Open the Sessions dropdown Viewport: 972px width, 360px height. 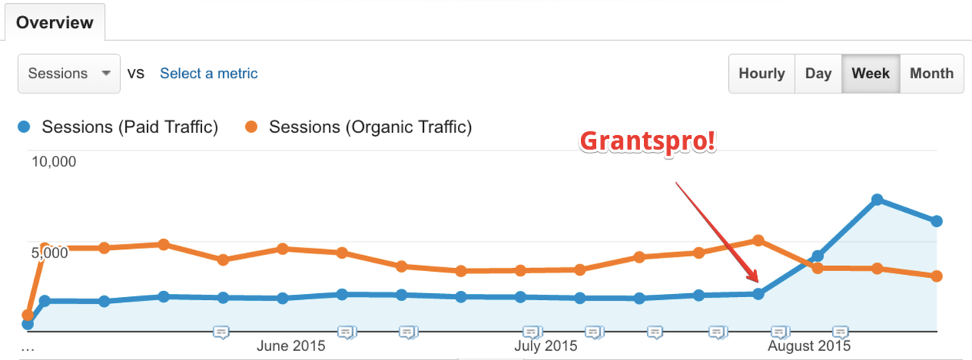[x=69, y=74]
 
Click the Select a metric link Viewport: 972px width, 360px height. [x=208, y=74]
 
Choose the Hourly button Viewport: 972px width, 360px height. [x=762, y=74]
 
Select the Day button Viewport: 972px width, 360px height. [x=818, y=74]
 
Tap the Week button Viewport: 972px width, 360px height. [x=870, y=74]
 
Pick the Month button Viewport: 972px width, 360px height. [x=931, y=74]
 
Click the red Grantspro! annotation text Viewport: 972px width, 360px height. [x=648, y=141]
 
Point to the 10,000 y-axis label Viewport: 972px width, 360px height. [x=54, y=162]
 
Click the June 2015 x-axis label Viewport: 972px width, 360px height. [x=291, y=346]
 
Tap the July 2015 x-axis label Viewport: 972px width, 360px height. [x=545, y=346]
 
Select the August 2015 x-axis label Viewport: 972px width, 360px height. [x=809, y=346]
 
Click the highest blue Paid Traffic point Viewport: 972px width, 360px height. [x=877, y=200]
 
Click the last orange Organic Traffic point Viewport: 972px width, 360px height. [x=936, y=276]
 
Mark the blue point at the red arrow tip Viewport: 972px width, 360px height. [x=758, y=294]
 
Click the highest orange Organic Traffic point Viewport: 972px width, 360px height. [x=758, y=241]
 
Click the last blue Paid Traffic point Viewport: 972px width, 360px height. [x=936, y=221]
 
